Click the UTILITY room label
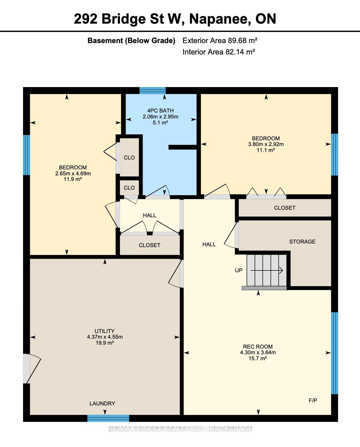(x=105, y=331)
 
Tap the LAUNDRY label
(x=102, y=403)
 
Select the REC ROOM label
(x=258, y=346)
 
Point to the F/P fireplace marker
(x=313, y=400)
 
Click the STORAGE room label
(x=302, y=241)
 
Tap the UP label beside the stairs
(x=239, y=270)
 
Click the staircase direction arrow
(x=267, y=270)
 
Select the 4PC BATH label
(x=161, y=111)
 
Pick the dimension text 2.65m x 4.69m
(x=73, y=173)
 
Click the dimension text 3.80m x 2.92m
(x=266, y=144)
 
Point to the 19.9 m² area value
(x=105, y=343)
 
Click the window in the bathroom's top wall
(x=152, y=91)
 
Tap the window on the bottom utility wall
(x=108, y=418)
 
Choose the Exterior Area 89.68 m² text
(x=220, y=40)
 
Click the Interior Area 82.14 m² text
(x=219, y=52)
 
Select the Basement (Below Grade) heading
(x=132, y=40)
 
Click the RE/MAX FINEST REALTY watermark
(x=180, y=429)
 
